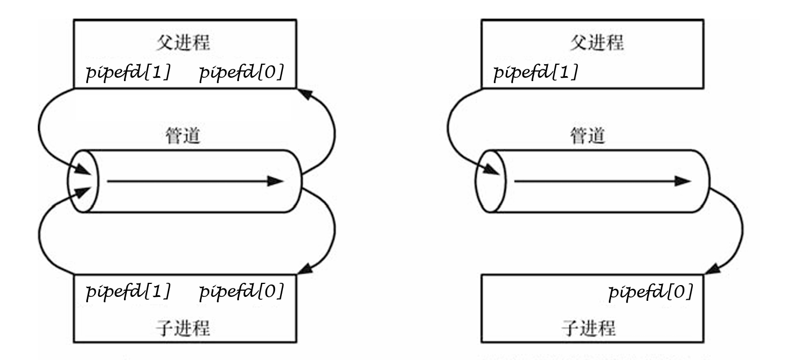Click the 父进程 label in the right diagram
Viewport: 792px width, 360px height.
point(596,43)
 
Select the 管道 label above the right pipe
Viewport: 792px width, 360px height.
point(588,136)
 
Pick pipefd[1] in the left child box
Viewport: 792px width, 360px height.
point(128,292)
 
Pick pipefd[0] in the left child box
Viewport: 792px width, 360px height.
point(242,292)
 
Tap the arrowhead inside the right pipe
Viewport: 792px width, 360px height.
point(683,181)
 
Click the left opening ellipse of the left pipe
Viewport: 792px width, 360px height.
point(83,181)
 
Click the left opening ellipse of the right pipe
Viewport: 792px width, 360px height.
point(490,181)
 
